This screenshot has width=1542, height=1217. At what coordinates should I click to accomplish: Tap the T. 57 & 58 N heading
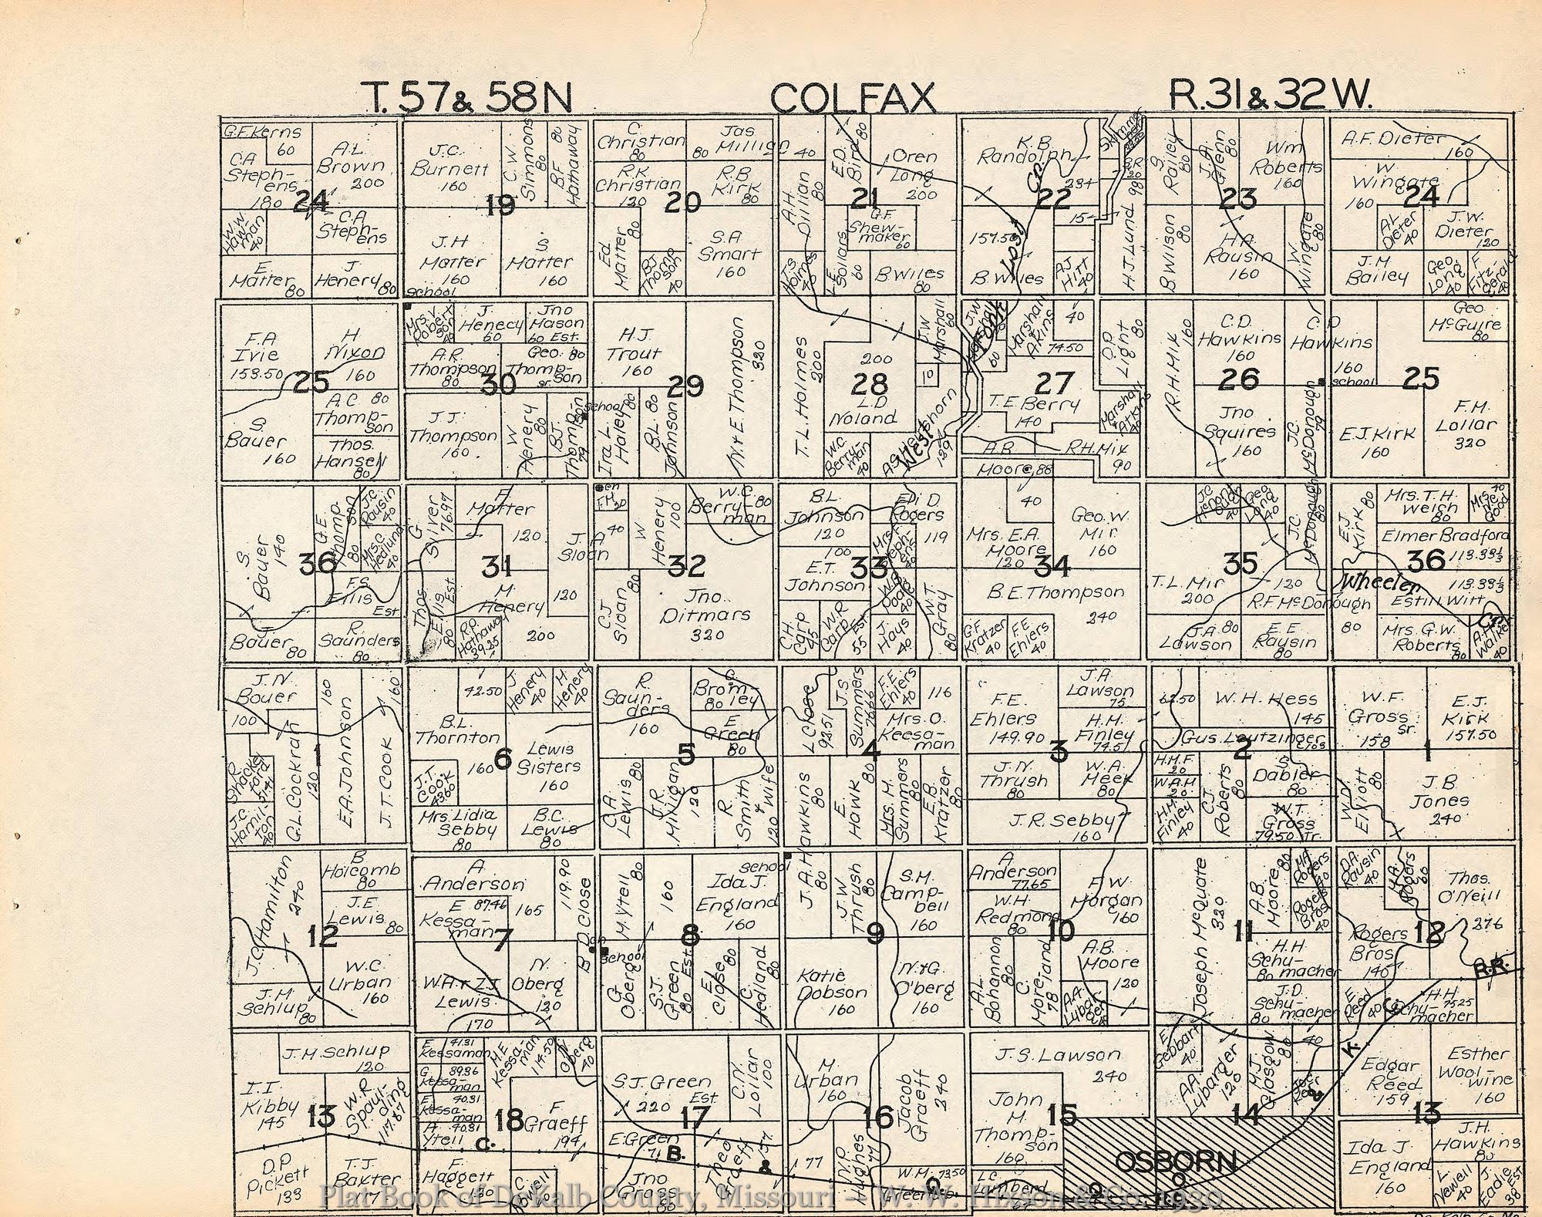pyautogui.click(x=468, y=99)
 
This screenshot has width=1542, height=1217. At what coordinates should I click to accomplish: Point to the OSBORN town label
pyautogui.click(x=1177, y=1161)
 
